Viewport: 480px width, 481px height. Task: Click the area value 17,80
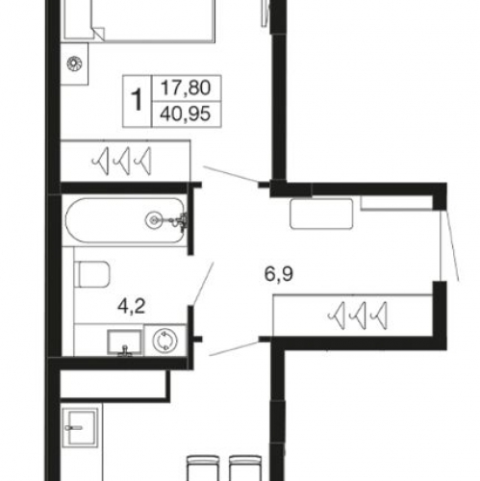(186, 88)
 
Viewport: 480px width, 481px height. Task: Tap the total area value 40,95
(186, 114)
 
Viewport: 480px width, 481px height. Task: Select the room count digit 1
(137, 100)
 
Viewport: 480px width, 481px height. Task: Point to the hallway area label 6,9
(279, 274)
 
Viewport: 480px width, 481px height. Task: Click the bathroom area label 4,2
(132, 306)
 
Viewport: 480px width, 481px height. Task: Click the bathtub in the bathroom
(125, 220)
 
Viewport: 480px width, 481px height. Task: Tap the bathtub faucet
(181, 221)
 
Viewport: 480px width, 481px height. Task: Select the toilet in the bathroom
(92, 274)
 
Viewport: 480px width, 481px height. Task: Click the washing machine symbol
(165, 341)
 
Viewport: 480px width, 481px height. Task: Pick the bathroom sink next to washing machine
(125, 342)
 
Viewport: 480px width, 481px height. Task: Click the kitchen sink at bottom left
(80, 427)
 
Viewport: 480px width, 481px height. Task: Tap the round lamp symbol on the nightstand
(74, 63)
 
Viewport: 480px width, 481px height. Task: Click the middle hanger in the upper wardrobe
(123, 161)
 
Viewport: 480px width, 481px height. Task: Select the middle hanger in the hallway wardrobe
(359, 316)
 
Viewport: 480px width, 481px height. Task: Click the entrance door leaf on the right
(451, 245)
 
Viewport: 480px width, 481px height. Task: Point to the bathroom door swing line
(204, 283)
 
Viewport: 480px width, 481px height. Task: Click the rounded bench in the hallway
(321, 214)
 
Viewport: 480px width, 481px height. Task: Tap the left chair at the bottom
(203, 468)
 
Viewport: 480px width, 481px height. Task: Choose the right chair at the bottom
(245, 468)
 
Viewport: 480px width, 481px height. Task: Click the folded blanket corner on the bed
(98, 34)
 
